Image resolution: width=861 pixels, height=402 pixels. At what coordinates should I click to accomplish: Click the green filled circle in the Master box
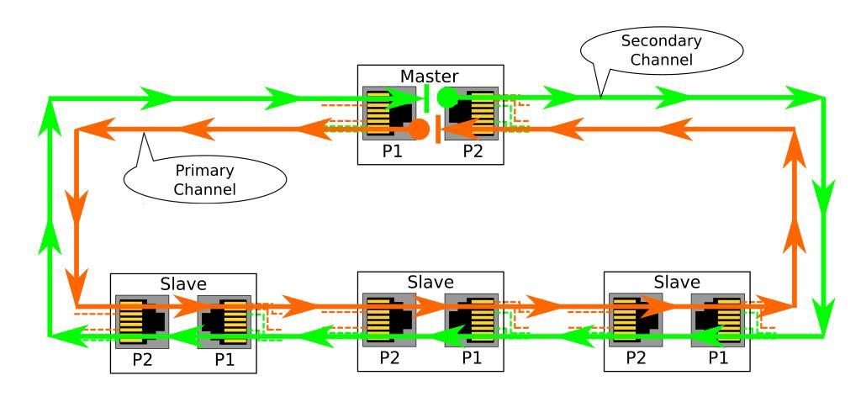click(x=446, y=97)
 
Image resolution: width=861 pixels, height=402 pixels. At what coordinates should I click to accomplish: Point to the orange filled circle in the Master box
click(x=418, y=129)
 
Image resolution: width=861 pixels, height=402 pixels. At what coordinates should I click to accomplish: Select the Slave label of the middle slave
click(x=430, y=282)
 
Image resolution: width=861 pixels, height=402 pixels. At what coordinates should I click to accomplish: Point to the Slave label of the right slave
click(x=677, y=282)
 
